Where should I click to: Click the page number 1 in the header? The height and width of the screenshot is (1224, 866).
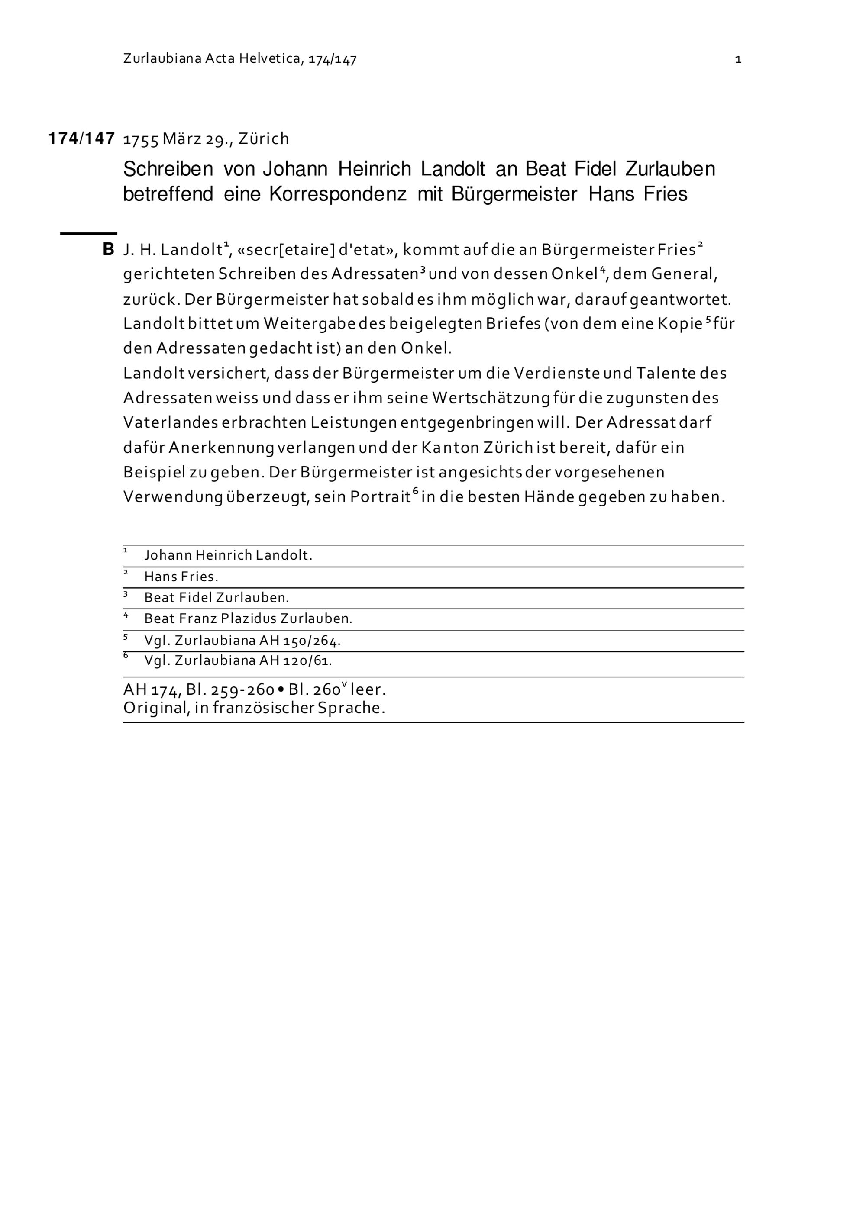coord(738,60)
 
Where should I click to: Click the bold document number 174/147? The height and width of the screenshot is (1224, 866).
coord(81,139)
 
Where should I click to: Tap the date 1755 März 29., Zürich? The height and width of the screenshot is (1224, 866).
coord(206,139)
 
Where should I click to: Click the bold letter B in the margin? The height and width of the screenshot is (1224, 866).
coord(108,249)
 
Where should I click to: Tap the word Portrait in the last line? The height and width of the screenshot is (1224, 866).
coord(380,497)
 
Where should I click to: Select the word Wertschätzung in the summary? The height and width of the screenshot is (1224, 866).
coord(491,398)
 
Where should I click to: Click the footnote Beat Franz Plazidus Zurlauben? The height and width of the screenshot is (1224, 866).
coord(248,619)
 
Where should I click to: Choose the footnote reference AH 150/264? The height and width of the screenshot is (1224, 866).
coord(300,641)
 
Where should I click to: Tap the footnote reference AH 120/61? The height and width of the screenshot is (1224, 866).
coord(295,661)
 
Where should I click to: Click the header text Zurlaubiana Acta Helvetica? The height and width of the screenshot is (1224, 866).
coord(212,59)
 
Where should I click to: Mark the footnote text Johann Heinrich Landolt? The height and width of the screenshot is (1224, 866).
coord(228,555)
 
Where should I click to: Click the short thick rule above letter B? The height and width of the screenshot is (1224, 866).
coord(88,233)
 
